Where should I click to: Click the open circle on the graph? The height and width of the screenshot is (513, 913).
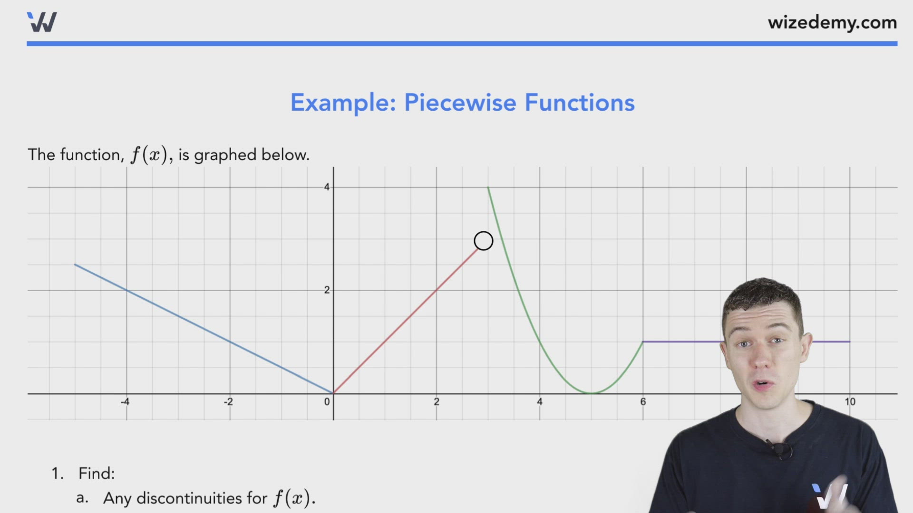click(484, 241)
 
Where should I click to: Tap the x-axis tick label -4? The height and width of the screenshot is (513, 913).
click(125, 402)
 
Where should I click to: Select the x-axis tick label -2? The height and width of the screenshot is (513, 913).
click(228, 402)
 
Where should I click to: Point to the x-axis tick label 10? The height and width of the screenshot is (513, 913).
click(850, 402)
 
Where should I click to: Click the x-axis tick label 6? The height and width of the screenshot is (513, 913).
click(643, 402)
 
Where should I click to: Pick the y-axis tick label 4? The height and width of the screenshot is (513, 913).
click(327, 187)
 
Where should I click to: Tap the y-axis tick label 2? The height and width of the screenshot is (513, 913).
click(327, 290)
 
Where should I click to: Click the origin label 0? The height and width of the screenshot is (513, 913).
click(327, 402)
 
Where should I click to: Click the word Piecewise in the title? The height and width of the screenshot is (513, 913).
click(460, 103)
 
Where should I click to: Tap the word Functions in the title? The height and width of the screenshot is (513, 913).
click(580, 103)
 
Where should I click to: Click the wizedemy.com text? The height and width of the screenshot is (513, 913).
click(832, 22)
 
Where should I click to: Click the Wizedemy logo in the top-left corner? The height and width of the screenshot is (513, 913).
click(42, 22)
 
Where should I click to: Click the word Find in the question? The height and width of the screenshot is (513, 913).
click(96, 473)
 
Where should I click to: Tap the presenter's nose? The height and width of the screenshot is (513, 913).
click(762, 359)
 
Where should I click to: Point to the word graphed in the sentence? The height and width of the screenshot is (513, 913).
click(225, 155)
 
